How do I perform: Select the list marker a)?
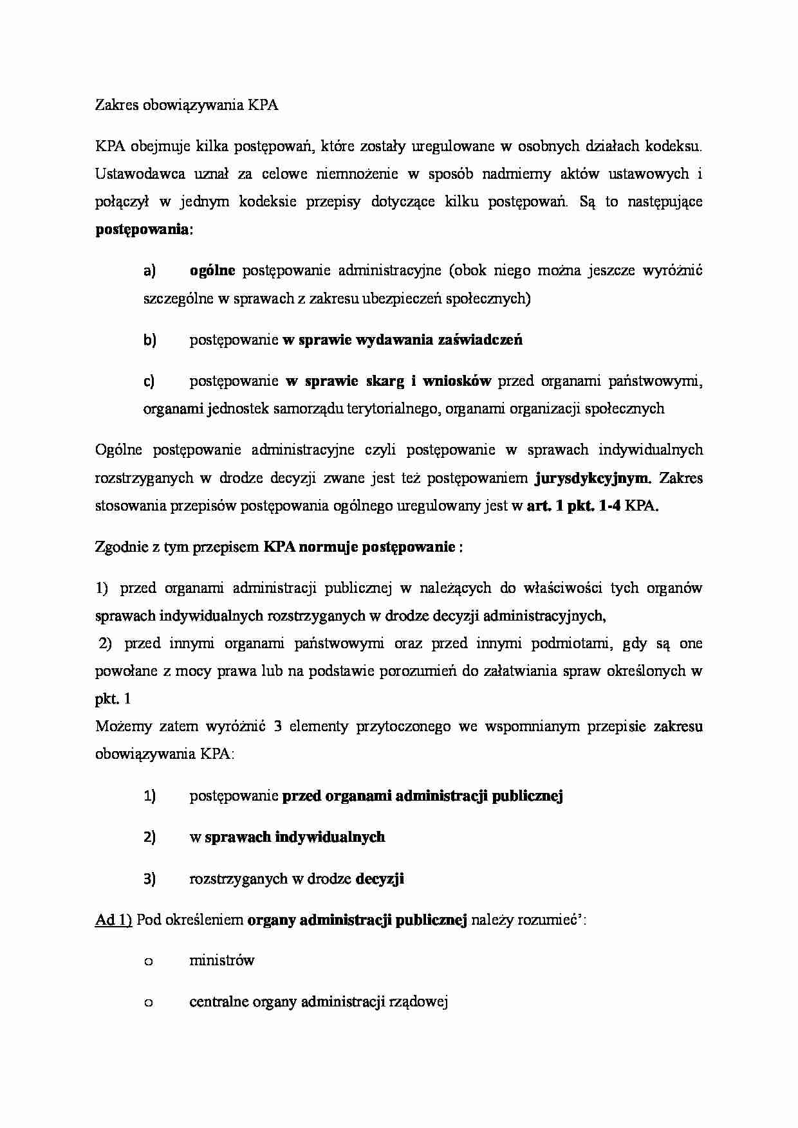coord(149,271)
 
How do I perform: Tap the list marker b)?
coord(149,340)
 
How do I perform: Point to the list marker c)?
coord(149,381)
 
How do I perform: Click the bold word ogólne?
coord(212,271)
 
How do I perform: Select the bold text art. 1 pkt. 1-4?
coord(574,506)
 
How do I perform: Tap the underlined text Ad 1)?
coord(114,920)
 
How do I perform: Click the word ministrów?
coord(221,961)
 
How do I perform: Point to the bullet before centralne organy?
coord(149,1003)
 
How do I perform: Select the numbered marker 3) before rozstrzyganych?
coord(149,879)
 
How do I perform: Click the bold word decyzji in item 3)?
coord(380,879)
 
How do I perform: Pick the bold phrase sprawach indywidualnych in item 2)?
coord(295,837)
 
